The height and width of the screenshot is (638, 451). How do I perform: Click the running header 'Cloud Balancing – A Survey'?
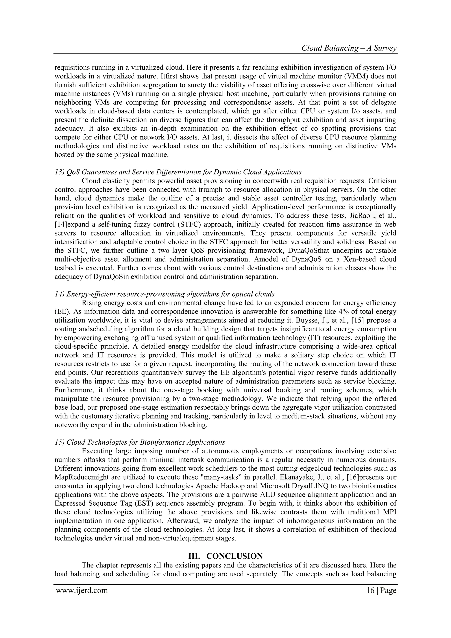point(349,48)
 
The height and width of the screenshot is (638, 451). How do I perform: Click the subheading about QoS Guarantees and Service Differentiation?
point(178,172)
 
